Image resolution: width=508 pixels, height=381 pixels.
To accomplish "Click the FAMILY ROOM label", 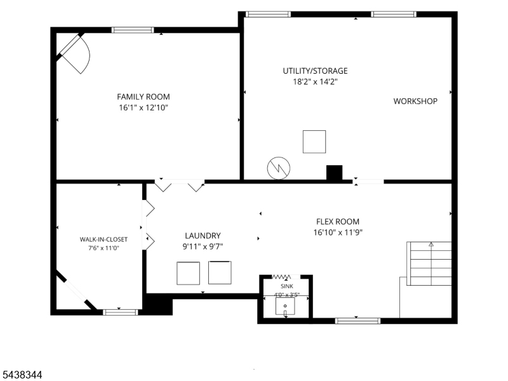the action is pos(144,97).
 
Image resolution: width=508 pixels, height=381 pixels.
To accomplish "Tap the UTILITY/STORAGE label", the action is pos(315,71).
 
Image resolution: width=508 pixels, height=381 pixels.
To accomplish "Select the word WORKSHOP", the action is pos(415,102).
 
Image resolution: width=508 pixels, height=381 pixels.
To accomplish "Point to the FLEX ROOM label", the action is pos(338,222).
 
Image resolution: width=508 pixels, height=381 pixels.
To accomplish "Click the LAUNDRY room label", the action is pos(203,236).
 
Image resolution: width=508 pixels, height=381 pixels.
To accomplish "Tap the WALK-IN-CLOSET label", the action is pos(104,239).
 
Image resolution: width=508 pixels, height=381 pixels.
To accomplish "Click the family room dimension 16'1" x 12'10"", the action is pos(144,108).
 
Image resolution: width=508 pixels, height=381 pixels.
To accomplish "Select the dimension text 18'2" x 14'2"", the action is pos(315,82).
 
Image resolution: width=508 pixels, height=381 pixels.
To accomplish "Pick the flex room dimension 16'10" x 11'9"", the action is pos(338,232).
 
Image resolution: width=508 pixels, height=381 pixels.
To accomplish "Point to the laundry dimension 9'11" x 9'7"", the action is pos(203,247).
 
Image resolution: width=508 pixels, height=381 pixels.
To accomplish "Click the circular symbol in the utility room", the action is pos(279,168).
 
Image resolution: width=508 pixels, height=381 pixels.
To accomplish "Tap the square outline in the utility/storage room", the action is pos(314,142).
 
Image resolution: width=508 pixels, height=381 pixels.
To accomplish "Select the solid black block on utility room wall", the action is pos(334,173).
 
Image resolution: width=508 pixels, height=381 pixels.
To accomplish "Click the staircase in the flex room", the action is pos(429,264).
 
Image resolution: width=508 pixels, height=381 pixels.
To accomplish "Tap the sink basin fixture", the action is pos(285,307).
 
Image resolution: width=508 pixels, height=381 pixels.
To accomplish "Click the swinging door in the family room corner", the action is pos(74,53).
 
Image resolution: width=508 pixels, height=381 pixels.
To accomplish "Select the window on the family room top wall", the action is pos(133,30).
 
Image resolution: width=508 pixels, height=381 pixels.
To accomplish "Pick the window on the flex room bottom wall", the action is pos(358,321).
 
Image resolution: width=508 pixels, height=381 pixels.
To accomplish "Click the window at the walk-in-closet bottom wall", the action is pos(121,312).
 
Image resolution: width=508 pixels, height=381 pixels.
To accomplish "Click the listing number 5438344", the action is pos(21,375).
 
